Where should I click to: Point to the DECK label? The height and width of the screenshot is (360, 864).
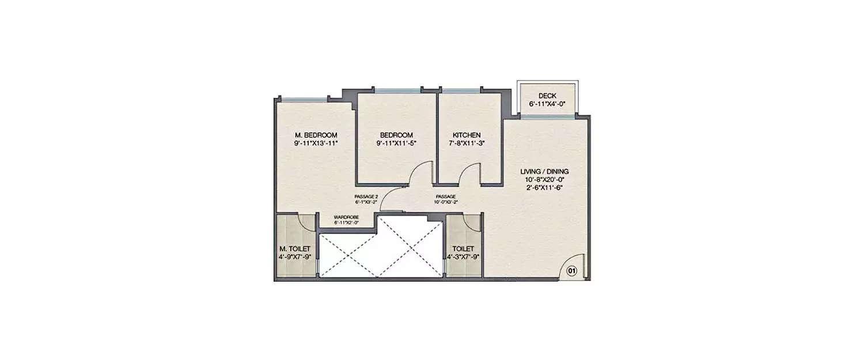point(547,96)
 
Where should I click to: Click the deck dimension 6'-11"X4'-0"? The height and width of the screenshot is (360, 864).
point(547,104)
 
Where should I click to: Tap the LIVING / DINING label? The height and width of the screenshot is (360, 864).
point(544,171)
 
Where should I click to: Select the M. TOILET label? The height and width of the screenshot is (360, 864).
point(295,248)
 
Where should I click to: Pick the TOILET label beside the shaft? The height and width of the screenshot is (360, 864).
point(463,248)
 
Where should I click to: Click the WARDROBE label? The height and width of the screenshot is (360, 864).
point(347,217)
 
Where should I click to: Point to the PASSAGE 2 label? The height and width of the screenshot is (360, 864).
point(366,197)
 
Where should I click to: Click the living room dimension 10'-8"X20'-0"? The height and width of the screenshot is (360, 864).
point(544,180)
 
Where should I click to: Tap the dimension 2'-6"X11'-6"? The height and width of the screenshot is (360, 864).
point(544,188)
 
